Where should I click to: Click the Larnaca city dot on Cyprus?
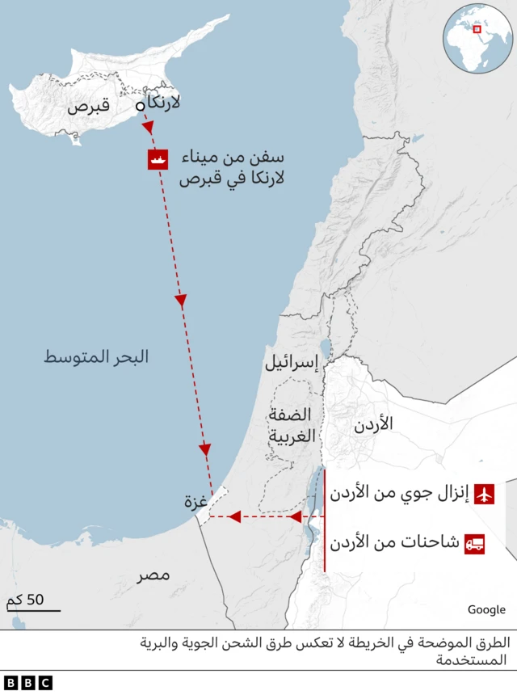point(140,106)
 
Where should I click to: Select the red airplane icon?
point(485,494)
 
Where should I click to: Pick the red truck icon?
point(474,544)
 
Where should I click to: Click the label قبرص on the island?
point(88,106)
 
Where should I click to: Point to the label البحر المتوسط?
point(96,356)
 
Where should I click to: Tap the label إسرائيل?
point(292,363)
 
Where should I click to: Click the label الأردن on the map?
point(374,423)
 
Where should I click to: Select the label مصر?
point(153,575)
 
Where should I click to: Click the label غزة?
point(195,502)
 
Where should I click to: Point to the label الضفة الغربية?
point(289,427)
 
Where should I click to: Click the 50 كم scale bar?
point(32,604)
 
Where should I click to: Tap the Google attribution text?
point(486,609)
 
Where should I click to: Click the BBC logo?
point(27,683)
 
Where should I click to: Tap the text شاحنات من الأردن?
point(395,544)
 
